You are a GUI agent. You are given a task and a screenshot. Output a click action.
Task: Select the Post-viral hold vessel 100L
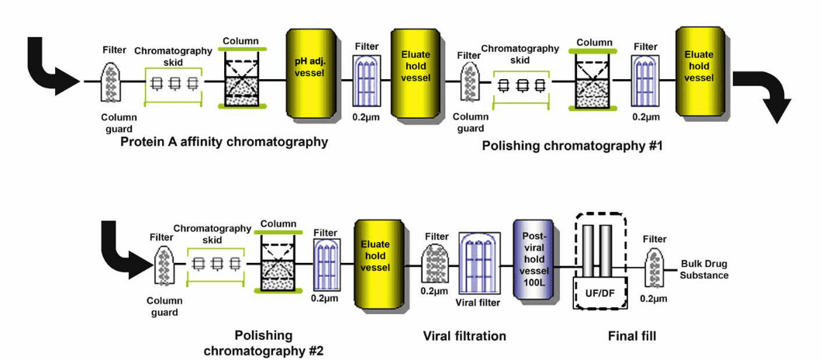point(532,265)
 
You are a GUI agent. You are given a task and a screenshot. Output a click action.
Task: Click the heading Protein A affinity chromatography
point(224,142)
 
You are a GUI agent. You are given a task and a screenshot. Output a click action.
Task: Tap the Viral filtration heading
point(465,336)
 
